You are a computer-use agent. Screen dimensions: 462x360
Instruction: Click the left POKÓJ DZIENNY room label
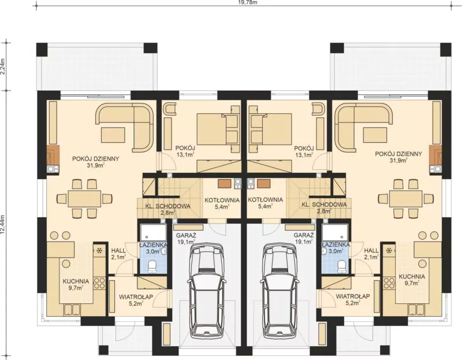pyautogui.click(x=96, y=159)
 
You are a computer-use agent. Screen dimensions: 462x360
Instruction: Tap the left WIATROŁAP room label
pyautogui.click(x=136, y=296)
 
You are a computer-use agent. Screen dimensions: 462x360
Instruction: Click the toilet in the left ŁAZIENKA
pyautogui.click(x=152, y=266)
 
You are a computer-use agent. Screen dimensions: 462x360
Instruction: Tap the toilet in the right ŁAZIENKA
pyautogui.click(x=341, y=266)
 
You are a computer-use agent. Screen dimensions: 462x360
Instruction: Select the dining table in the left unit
pyautogui.click(x=84, y=199)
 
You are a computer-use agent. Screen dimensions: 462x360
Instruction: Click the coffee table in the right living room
pyautogui.click(x=375, y=135)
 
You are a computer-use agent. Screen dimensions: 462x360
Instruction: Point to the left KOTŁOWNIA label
pyautogui.click(x=222, y=200)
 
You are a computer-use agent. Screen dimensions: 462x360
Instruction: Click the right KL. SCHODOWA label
pyautogui.click(x=324, y=205)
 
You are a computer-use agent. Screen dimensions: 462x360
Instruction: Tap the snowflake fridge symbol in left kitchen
pyautogui.click(x=99, y=251)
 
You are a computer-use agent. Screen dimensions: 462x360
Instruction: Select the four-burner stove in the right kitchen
pyautogui.click(x=389, y=283)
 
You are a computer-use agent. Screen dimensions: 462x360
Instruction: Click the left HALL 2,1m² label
pyautogui.click(x=118, y=254)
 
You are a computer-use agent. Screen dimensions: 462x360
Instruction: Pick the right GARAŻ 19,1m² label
pyautogui.click(x=304, y=239)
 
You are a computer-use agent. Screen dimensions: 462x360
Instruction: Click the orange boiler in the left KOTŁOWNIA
pyautogui.click(x=224, y=183)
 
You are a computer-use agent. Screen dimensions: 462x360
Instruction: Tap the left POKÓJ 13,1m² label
pyautogui.click(x=185, y=151)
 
